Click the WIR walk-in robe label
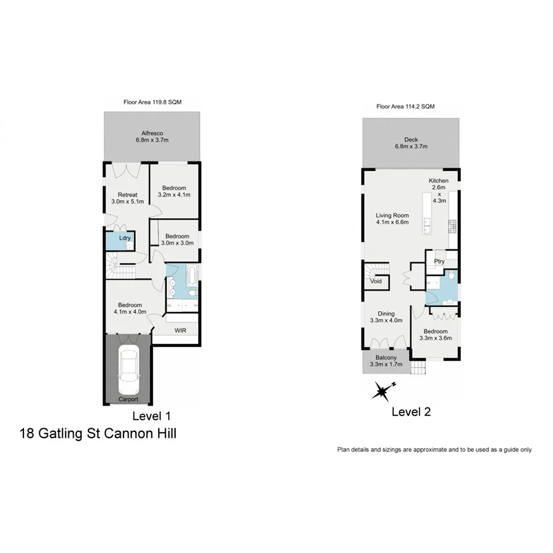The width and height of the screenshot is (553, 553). click(180, 331)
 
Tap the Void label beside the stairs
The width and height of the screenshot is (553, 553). click(375, 281)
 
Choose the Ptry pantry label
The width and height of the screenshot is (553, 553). click(439, 262)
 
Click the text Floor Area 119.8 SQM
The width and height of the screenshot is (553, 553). click(152, 102)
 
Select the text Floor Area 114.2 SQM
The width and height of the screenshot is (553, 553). click(406, 106)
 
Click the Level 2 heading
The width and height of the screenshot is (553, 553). click(411, 412)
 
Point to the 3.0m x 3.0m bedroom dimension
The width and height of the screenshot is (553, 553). click(177, 243)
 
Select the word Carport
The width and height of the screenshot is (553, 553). click(128, 400)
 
